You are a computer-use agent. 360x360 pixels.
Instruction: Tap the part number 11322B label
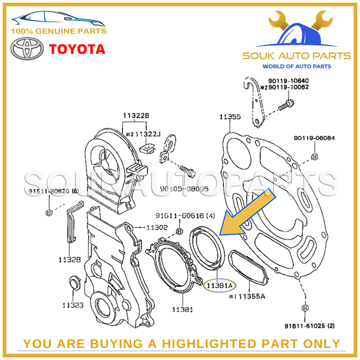(x=136, y=115)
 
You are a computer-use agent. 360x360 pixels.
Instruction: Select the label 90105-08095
(x=184, y=187)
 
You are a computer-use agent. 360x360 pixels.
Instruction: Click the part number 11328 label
(x=70, y=259)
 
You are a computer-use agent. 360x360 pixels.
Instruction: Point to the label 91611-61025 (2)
(x=313, y=326)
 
